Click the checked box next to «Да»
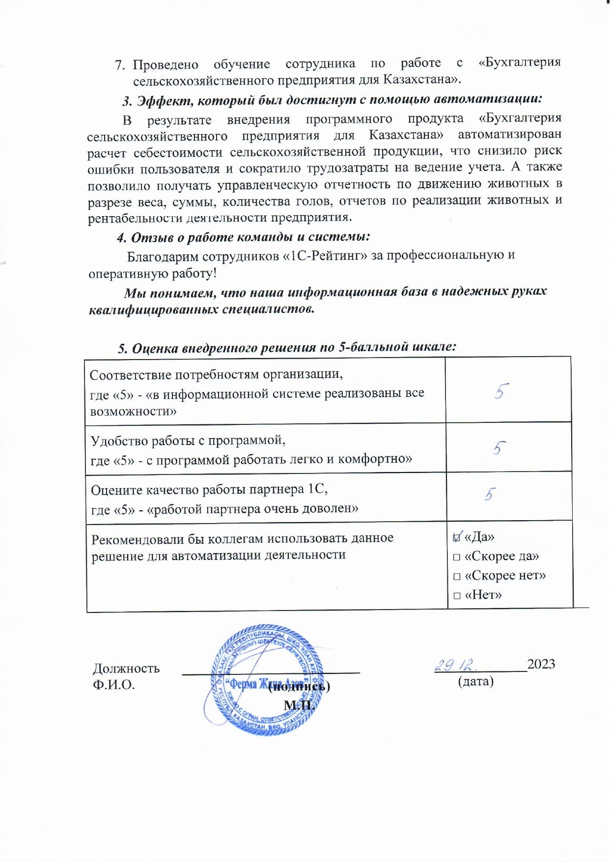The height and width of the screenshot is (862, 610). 457,537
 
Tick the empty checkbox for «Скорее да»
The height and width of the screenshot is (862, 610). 457,557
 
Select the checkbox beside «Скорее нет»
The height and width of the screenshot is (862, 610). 457,577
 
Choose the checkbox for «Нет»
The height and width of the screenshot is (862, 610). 457,596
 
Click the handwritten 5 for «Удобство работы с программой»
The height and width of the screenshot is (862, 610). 499,447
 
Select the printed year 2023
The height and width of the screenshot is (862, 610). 541,664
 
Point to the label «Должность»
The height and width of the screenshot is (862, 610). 126,668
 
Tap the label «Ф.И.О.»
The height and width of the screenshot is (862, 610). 113,685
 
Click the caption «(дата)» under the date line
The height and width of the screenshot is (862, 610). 475,681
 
